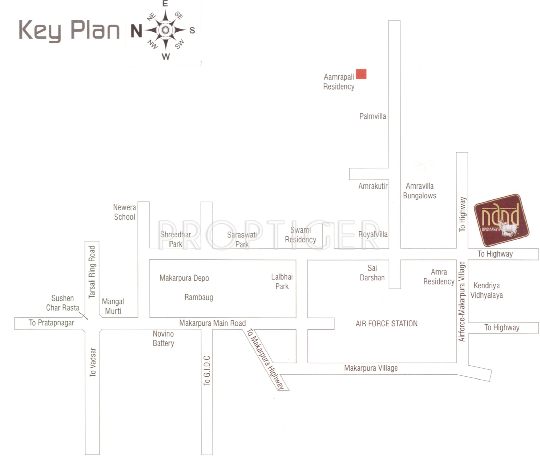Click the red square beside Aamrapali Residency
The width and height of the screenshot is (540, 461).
(361, 74)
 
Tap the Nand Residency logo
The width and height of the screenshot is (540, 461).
(501, 220)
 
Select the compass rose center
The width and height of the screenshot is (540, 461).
(165, 30)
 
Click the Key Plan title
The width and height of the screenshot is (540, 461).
(69, 31)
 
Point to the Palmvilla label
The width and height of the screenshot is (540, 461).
(372, 116)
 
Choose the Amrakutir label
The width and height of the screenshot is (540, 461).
(373, 186)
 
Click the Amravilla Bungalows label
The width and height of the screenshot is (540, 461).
(420, 191)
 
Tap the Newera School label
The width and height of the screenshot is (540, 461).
(124, 212)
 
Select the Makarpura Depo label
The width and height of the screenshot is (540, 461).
(184, 278)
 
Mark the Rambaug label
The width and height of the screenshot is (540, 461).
(199, 297)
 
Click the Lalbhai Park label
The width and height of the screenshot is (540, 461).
(282, 281)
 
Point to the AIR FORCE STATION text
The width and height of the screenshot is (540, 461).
(387, 324)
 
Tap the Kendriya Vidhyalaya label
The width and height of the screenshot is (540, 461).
(487, 290)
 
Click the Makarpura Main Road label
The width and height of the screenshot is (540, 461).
(212, 323)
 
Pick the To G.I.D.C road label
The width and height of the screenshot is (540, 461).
(207, 371)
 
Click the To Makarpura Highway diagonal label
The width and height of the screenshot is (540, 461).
(265, 359)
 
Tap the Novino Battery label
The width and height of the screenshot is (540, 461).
(163, 339)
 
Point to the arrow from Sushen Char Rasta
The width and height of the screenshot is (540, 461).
(84, 316)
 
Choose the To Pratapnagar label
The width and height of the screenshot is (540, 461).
(51, 323)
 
